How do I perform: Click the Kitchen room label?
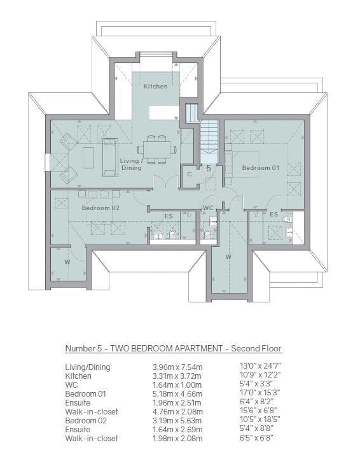tap(155, 86)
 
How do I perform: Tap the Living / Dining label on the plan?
tap(131, 164)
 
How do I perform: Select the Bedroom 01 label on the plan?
tap(261, 168)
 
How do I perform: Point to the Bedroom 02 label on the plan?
tap(100, 208)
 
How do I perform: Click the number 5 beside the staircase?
tap(208, 169)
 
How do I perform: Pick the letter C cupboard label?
tap(190, 173)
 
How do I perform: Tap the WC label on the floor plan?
tap(207, 208)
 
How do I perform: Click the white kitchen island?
tap(163, 113)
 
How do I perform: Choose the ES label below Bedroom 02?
tap(169, 216)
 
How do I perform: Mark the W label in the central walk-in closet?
tap(227, 257)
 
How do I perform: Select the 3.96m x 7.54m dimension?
tap(177, 367)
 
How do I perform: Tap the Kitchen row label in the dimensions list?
tap(78, 376)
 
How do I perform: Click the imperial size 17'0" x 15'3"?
tap(258, 394)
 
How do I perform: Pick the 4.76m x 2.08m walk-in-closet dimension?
tap(177, 412)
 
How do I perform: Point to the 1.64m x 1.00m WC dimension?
tap(177, 385)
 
